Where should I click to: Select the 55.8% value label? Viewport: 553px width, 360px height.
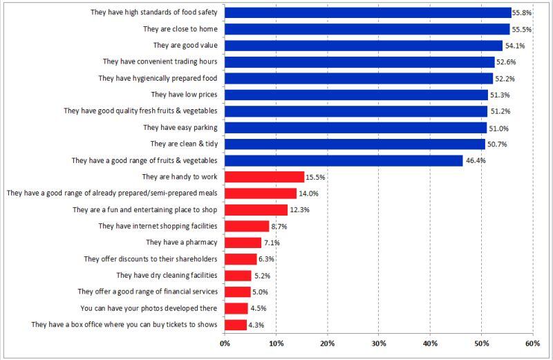pyautogui.click(x=522, y=12)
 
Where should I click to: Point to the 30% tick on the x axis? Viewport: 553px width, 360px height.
pyautogui.click(x=379, y=343)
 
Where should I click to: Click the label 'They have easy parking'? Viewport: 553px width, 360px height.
pyautogui.click(x=180, y=127)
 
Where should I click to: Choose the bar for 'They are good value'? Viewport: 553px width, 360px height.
pyautogui.click(x=364, y=46)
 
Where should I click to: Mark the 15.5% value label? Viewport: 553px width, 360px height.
pyautogui.click(x=315, y=177)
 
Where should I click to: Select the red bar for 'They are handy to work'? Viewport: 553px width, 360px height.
pyautogui.click(x=265, y=177)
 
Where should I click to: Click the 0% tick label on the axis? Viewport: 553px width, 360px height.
pyautogui.click(x=225, y=343)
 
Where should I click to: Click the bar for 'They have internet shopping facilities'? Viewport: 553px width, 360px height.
pyautogui.click(x=247, y=226)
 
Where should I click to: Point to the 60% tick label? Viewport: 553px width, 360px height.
pyautogui.click(x=532, y=343)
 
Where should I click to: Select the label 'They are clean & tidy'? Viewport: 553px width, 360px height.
pyautogui.click(x=183, y=144)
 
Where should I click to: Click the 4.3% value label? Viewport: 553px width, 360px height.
pyautogui.click(x=256, y=325)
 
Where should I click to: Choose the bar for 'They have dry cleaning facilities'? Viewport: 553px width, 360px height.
pyautogui.click(x=238, y=275)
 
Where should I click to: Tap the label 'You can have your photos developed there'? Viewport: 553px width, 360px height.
pyautogui.click(x=150, y=308)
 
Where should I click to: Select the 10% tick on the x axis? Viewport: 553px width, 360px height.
pyautogui.click(x=276, y=343)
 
